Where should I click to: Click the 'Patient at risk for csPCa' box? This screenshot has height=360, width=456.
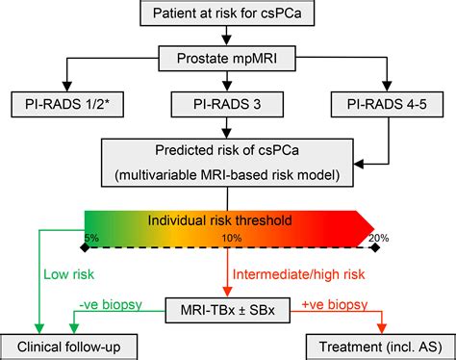coord(229,13)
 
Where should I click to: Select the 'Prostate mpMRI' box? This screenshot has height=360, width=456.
coord(229,60)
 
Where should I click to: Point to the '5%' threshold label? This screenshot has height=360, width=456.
coord(91,238)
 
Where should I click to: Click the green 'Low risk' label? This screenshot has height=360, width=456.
coord(67,273)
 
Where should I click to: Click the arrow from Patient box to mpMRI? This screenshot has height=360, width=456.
coord(229,37)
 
